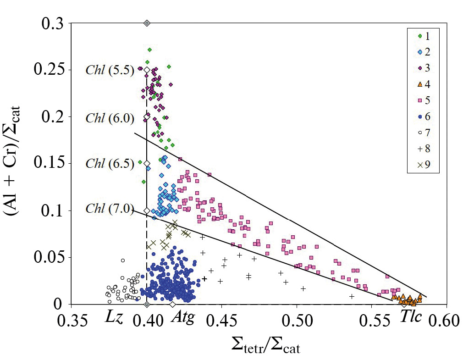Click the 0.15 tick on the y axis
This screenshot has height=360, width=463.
click(52, 164)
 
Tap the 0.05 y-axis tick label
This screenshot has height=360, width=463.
click(52, 257)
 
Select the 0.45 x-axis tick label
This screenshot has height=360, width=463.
click(221, 320)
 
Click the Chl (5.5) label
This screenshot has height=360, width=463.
click(110, 70)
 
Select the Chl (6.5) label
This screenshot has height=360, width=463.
click(110, 164)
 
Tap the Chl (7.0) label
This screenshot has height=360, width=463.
click(110, 210)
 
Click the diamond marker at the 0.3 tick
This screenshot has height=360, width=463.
click(147, 23)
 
